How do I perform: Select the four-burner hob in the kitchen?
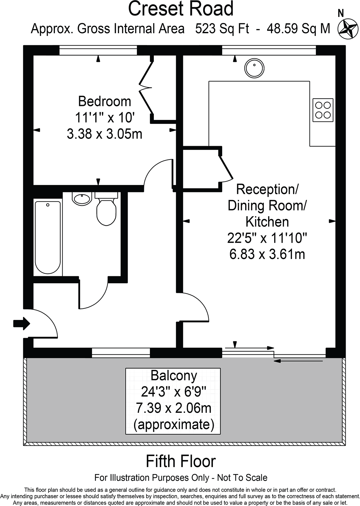(x=323, y=110)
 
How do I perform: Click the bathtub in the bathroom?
(x=48, y=236)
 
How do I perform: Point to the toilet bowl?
(x=106, y=211)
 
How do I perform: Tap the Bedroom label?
(x=105, y=101)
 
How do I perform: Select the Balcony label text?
(x=174, y=376)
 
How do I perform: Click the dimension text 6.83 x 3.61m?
(x=267, y=254)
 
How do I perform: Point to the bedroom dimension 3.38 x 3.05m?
(x=105, y=134)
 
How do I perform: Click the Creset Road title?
(x=181, y=9)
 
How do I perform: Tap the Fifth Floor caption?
(x=181, y=461)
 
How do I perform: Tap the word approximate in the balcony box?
(x=174, y=425)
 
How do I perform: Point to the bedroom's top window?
(x=98, y=50)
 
